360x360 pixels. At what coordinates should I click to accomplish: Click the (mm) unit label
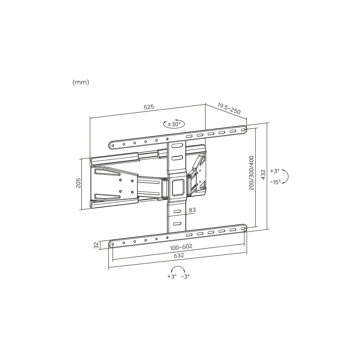tap(80, 82)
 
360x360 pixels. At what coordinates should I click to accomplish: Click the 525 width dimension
tap(149, 107)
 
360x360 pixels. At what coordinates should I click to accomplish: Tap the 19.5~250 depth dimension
tap(229, 109)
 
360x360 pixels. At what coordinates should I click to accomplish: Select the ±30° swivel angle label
tap(174, 124)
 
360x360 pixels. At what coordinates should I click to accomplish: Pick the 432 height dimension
tap(263, 174)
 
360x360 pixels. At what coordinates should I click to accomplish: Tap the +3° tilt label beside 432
tap(274, 171)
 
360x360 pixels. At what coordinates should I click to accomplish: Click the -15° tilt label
tap(275, 182)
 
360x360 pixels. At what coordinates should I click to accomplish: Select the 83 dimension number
tap(192, 210)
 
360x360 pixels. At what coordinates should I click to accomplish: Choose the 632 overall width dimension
tap(179, 255)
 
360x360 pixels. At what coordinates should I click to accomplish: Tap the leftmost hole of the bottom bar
tap(112, 244)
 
